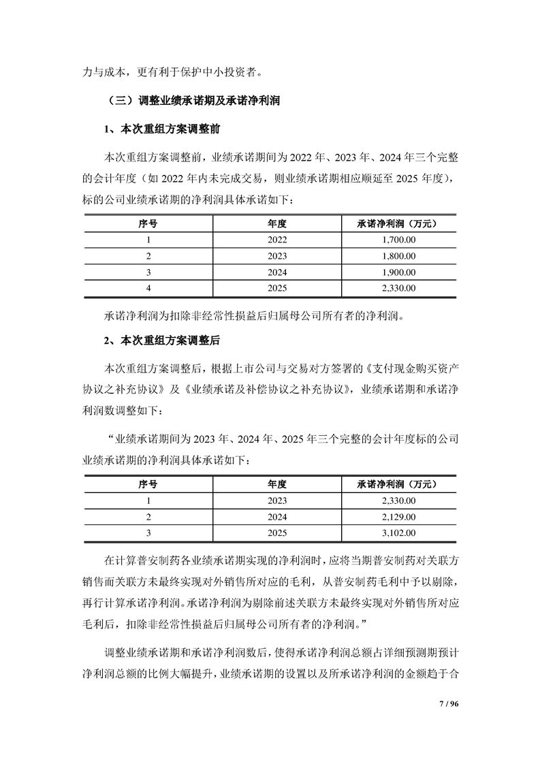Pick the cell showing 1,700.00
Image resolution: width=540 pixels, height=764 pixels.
click(396, 239)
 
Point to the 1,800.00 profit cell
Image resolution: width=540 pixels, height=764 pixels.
click(396, 255)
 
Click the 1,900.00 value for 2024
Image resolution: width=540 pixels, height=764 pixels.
click(396, 272)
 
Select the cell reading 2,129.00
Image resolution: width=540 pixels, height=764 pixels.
click(396, 517)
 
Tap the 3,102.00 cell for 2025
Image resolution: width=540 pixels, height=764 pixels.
click(396, 533)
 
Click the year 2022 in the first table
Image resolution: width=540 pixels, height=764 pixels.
click(277, 239)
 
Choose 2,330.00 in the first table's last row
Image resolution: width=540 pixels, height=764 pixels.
click(396, 288)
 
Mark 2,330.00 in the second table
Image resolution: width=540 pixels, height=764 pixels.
click(396, 500)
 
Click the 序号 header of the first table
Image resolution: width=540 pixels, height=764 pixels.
click(148, 223)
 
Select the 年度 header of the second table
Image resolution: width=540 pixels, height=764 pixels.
click(277, 484)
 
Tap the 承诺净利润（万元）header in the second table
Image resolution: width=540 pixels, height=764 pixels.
click(396, 484)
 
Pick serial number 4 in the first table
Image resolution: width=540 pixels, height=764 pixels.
click(148, 288)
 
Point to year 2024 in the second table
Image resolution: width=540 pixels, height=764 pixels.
click(277, 517)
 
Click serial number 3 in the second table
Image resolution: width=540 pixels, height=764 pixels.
click(148, 533)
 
